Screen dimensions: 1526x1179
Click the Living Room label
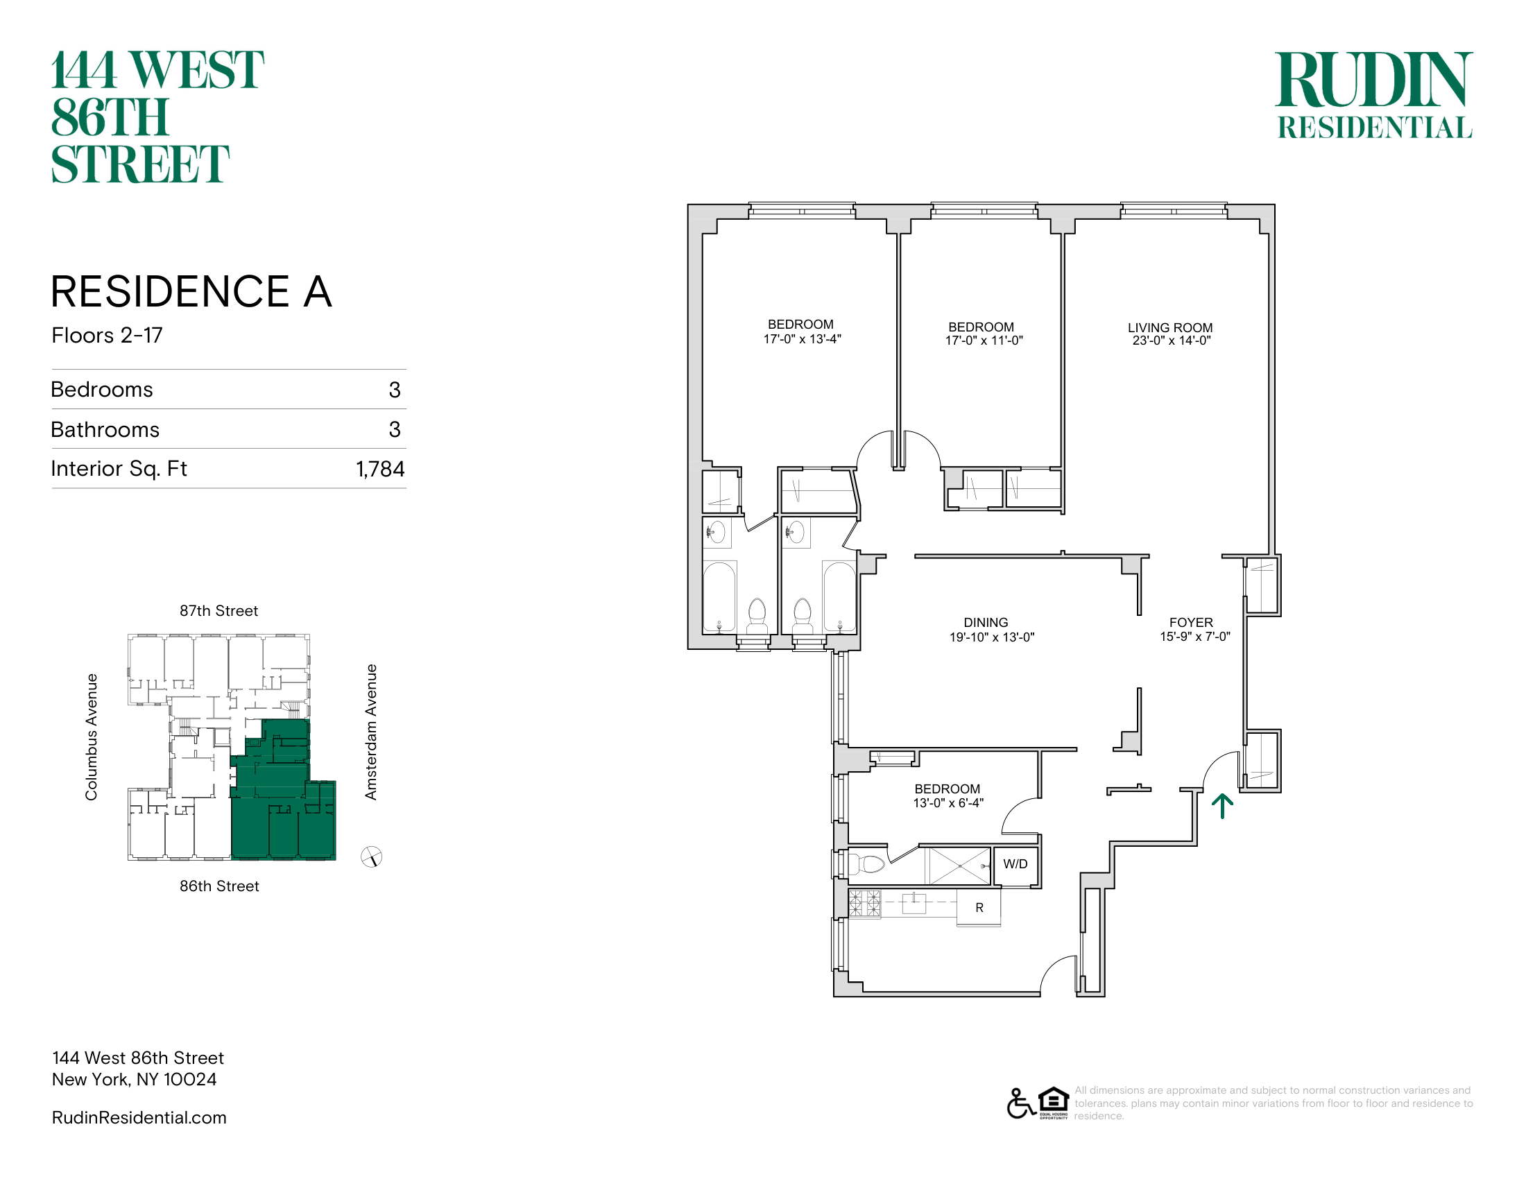coord(1170,327)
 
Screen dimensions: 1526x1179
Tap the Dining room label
coord(986,622)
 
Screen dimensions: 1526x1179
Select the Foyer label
coord(1191,622)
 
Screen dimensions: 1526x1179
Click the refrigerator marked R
coord(979,907)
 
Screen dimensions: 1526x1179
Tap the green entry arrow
coord(1222,806)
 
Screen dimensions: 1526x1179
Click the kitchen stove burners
coord(865,903)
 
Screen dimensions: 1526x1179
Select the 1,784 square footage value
coord(380,469)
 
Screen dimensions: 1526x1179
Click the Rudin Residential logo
coord(1374,95)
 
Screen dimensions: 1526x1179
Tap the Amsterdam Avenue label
coord(371,732)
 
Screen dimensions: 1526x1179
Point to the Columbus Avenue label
coord(92,737)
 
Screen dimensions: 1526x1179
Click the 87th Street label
coord(218,611)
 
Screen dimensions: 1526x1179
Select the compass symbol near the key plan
coord(371,857)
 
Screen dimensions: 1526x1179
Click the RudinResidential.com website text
coord(139,1117)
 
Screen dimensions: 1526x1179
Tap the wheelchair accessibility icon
coord(1021,1103)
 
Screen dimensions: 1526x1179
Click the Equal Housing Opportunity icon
coord(1054,1103)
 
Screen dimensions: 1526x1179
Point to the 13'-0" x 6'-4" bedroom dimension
coord(948,803)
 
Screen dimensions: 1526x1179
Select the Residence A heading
coord(191,291)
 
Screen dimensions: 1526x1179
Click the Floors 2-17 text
coord(107,335)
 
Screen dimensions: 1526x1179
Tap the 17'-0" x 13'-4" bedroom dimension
coord(802,339)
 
